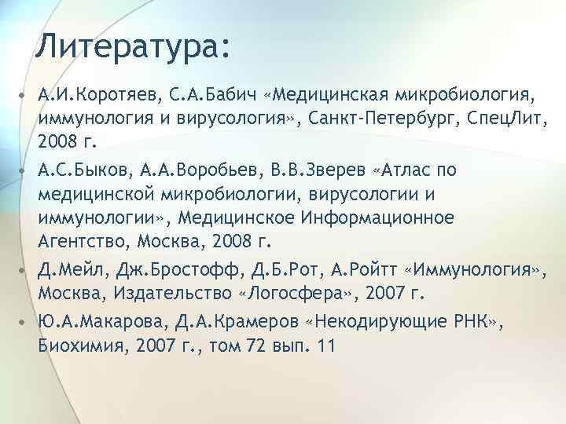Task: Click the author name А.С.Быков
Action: [84, 170]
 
